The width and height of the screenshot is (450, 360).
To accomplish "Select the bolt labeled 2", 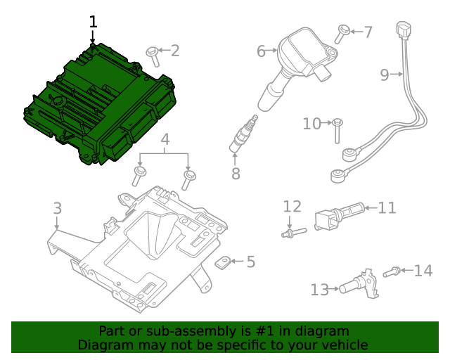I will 151,53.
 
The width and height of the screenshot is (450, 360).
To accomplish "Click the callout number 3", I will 57,208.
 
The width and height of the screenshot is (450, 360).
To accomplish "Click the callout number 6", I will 261,51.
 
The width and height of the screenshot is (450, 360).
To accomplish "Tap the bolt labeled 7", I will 343,30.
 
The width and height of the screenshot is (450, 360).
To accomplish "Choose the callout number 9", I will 385,75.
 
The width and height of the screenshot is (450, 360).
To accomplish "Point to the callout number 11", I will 387,208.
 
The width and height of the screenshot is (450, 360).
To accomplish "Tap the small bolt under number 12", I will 293,232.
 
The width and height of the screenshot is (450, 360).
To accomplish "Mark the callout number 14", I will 423,271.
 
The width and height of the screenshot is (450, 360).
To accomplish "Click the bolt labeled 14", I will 392,271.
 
